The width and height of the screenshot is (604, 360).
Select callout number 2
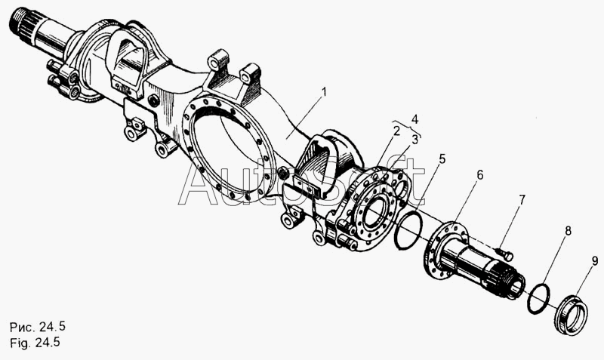[396, 130]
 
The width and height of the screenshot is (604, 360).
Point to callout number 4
[414, 118]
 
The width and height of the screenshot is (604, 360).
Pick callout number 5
[442, 159]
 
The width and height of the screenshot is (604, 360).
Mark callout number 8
[569, 231]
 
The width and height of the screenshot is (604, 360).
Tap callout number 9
[595, 261]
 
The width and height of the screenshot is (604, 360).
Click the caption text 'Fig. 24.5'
[34, 342]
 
